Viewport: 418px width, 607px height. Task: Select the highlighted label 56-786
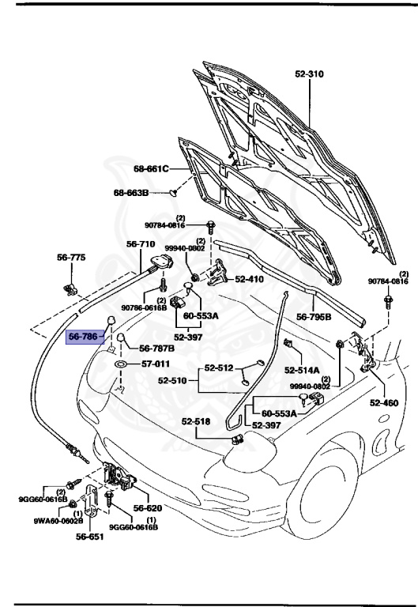coord(83,336)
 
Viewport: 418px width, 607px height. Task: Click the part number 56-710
coord(141,244)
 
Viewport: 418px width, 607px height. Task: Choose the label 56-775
coord(71,258)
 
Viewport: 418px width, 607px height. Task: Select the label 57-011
coord(156,364)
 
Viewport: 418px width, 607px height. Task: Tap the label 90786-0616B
coord(144,307)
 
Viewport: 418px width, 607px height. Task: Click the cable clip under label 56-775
coord(70,281)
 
